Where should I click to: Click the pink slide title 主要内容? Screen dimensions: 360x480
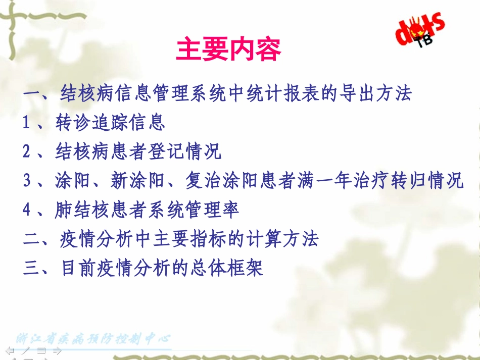[x=228, y=50]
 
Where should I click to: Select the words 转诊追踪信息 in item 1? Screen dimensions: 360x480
[x=110, y=122]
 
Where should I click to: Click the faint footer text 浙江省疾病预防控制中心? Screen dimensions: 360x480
[x=93, y=339]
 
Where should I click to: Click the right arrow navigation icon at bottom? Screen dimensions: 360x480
[x=57, y=350]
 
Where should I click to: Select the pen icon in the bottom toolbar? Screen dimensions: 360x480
[x=24, y=350]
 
